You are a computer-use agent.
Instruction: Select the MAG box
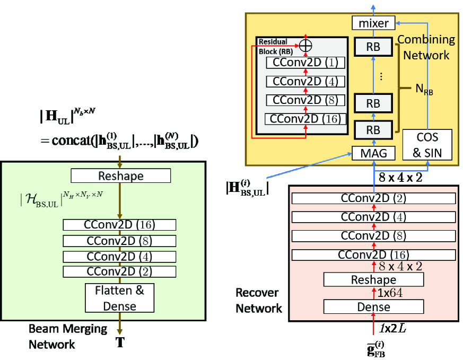click(373, 154)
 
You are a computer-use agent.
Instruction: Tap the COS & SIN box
click(427, 145)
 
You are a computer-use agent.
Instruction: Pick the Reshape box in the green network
click(120, 175)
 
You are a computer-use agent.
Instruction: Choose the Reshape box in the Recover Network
click(373, 279)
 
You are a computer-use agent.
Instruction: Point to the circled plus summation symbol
click(305, 46)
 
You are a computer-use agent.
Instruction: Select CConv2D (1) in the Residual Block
click(305, 63)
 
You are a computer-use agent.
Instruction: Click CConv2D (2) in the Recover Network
click(373, 198)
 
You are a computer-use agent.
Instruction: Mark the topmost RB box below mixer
click(373, 47)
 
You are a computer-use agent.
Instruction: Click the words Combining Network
click(426, 47)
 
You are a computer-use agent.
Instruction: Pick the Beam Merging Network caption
click(67, 336)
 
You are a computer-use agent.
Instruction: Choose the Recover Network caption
click(258, 300)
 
